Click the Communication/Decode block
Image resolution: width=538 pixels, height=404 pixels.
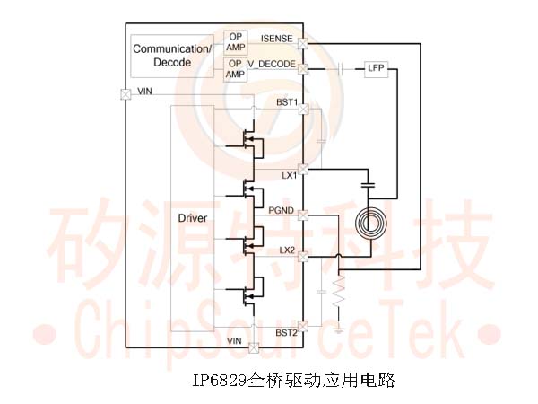[x=172, y=56]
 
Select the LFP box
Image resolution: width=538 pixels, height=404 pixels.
[x=376, y=69]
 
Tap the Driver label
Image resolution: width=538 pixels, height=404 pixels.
[x=193, y=218]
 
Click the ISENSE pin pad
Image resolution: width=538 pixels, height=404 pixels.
[x=303, y=44]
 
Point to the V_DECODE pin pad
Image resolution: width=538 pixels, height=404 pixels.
[x=303, y=69]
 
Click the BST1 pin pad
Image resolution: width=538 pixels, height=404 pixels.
[x=303, y=110]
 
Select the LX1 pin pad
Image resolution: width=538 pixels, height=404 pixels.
[x=303, y=169]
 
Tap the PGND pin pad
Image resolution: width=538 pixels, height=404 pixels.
[x=303, y=215]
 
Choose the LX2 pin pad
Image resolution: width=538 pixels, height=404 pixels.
[x=303, y=256]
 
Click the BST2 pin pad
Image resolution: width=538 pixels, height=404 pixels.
[x=303, y=327]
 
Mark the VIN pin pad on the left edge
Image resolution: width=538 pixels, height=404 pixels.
[x=126, y=94]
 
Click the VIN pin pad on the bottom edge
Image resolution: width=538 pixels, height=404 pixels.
[x=254, y=348]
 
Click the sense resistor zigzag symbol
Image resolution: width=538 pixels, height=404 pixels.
[x=339, y=291]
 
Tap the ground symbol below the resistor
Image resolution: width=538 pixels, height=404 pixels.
[x=339, y=330]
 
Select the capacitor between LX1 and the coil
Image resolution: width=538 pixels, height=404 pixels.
[x=369, y=186]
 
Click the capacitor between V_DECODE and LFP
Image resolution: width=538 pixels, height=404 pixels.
[x=341, y=69]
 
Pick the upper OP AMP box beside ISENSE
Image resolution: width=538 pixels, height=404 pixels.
[x=235, y=42]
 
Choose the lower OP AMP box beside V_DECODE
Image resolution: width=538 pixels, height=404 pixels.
[x=235, y=69]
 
